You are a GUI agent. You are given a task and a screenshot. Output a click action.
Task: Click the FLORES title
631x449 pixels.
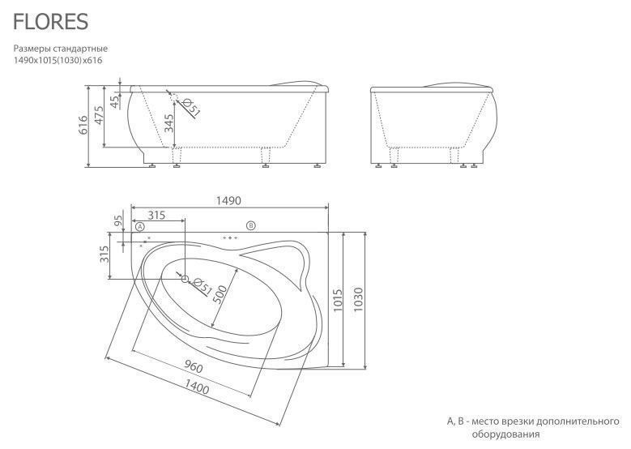51,22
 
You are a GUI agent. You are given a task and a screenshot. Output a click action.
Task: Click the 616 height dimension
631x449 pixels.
83,125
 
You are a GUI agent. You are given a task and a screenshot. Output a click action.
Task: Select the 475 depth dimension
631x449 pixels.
99,115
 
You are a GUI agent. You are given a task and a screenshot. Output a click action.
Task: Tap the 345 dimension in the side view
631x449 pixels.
169,123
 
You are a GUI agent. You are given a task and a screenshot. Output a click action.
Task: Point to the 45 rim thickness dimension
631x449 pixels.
115,101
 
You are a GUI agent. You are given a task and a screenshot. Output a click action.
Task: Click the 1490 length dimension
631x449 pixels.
228,200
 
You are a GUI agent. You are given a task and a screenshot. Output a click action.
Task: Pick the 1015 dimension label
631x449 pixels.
338,300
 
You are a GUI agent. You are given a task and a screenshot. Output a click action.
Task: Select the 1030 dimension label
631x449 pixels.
358,299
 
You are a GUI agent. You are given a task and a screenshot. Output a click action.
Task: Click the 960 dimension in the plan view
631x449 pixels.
194,366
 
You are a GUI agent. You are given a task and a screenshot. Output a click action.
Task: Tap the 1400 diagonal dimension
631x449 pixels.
197,387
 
